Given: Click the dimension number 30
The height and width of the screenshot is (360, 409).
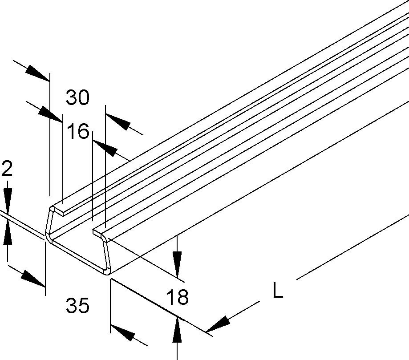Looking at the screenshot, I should (x=78, y=97).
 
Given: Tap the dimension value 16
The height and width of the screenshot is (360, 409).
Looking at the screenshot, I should (x=78, y=132).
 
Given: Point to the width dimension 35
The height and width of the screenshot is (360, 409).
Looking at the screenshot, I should (x=78, y=306).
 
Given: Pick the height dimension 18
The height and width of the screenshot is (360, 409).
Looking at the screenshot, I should (x=177, y=297).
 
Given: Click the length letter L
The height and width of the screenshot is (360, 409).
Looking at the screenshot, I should (x=278, y=291).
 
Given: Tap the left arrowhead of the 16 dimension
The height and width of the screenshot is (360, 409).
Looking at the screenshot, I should (x=50, y=115).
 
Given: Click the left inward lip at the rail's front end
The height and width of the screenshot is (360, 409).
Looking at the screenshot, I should (x=60, y=209).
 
